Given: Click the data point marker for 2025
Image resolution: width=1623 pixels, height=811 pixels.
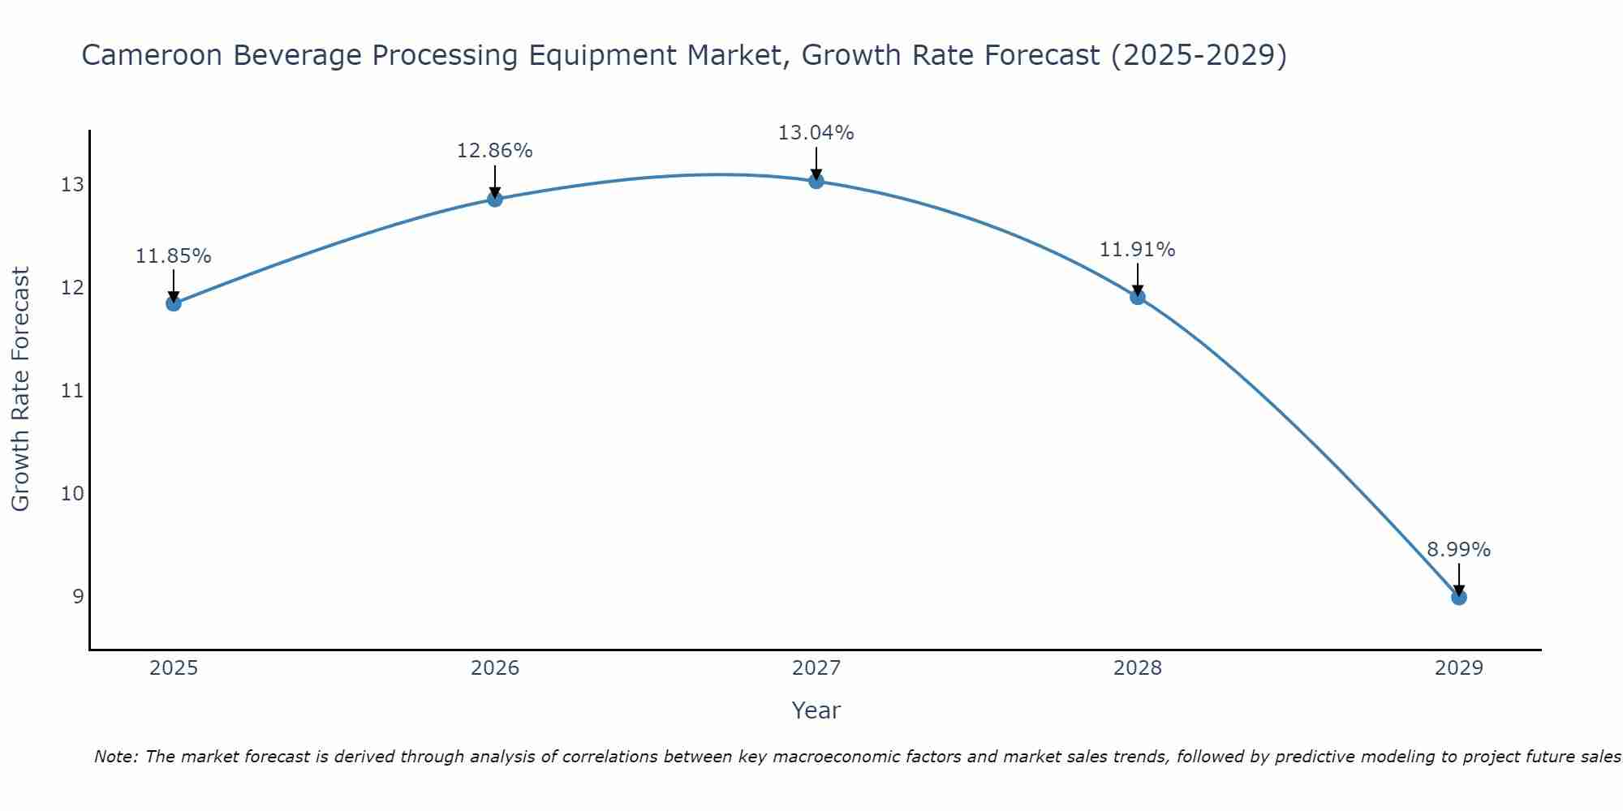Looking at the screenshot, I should (174, 303).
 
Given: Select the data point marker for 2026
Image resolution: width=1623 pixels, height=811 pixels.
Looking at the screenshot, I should (495, 199).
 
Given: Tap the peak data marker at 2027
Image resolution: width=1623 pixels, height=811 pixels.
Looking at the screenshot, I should (816, 181).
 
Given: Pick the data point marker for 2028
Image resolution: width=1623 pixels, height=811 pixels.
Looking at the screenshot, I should (1138, 297).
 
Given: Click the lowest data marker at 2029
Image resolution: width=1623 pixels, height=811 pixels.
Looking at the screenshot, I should (1458, 597).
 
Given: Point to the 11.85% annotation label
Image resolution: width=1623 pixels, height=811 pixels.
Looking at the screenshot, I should (174, 256).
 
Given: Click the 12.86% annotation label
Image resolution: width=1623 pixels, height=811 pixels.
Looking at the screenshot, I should (495, 151).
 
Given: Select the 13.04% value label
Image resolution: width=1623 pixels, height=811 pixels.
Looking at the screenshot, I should (816, 133).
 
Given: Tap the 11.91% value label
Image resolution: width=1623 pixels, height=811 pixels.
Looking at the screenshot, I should (1138, 250).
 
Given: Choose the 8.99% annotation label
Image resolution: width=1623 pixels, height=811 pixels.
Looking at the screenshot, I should (1458, 550).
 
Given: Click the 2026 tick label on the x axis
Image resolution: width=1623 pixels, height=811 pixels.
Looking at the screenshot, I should (495, 668).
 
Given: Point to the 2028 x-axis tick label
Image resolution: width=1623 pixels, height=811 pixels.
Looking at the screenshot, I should (1138, 668).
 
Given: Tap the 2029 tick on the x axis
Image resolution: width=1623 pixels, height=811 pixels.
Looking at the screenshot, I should (1458, 668).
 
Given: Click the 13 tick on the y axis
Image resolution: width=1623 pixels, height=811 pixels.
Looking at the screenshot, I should (72, 185).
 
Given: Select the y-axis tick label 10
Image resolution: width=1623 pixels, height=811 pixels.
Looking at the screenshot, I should (72, 493).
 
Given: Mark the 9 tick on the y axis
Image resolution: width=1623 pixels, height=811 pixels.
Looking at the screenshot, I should (78, 596).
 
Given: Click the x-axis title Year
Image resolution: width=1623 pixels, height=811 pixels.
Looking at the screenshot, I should (816, 710).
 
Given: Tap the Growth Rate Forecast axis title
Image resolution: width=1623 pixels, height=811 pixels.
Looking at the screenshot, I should (21, 389).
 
